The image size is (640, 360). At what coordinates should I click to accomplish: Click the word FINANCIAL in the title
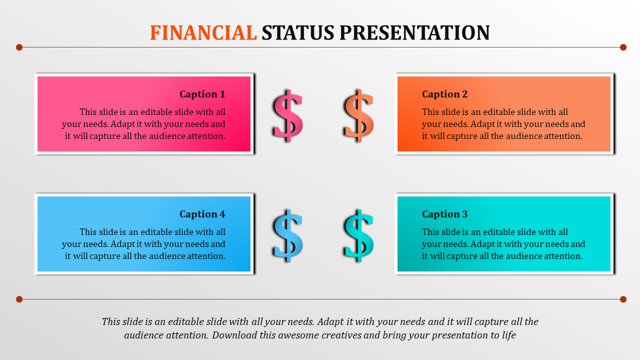pyautogui.click(x=203, y=32)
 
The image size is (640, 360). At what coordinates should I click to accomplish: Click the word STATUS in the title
pyautogui.click(x=298, y=32)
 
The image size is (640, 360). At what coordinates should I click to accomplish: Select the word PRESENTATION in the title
pyautogui.click(x=414, y=32)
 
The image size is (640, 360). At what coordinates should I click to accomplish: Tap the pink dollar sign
pyautogui.click(x=287, y=115)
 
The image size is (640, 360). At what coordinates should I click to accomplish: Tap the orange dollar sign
pyautogui.click(x=358, y=115)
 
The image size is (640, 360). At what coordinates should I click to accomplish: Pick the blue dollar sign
pyautogui.click(x=287, y=235)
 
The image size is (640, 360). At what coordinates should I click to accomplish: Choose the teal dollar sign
pyautogui.click(x=358, y=235)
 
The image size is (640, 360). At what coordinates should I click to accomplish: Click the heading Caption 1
pyautogui.click(x=202, y=94)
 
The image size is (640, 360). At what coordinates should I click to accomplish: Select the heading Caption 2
pyautogui.click(x=445, y=94)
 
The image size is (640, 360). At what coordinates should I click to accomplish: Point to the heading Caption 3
pyautogui.click(x=445, y=214)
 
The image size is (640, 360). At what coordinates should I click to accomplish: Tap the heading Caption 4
pyautogui.click(x=202, y=214)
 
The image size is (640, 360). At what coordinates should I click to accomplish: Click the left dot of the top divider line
pyautogui.click(x=19, y=47)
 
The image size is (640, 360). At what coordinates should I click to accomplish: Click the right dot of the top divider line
pyautogui.click(x=623, y=47)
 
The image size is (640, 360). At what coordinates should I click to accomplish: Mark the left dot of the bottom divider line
pyautogui.click(x=19, y=299)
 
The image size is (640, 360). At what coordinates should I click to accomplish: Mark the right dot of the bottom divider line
pyautogui.click(x=623, y=299)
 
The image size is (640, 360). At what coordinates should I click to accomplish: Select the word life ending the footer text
pyautogui.click(x=509, y=335)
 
